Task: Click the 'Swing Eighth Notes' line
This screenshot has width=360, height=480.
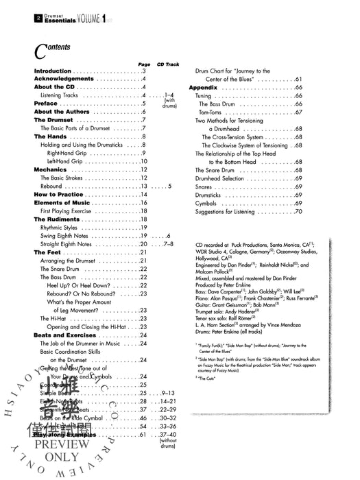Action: click(69, 235)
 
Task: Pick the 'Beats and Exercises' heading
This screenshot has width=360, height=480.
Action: click(66, 335)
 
